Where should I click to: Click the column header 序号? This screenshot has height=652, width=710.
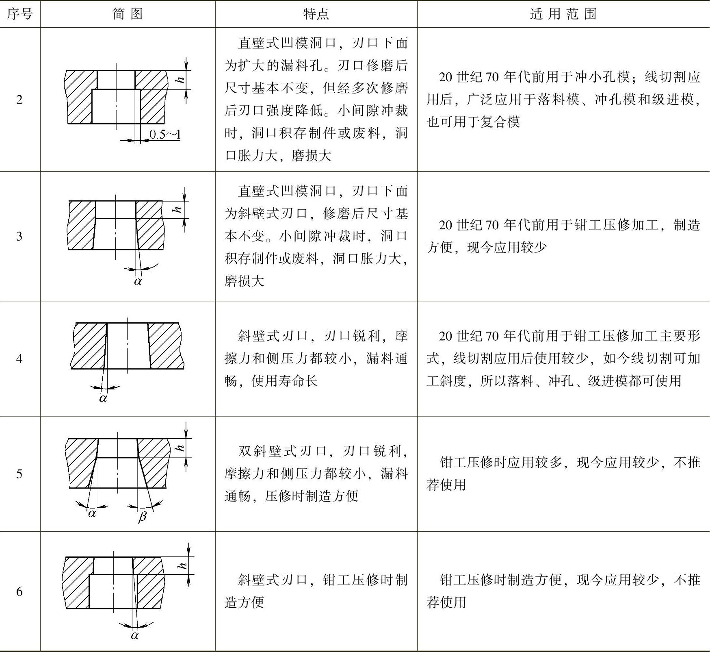[x=19, y=14]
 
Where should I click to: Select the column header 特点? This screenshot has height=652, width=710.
[x=316, y=14]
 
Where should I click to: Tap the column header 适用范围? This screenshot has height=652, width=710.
[x=563, y=14]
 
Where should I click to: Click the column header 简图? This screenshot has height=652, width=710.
[x=128, y=14]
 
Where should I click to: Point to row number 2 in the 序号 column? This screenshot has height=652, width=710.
[x=19, y=100]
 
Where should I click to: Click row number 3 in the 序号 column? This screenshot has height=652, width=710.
[x=19, y=236]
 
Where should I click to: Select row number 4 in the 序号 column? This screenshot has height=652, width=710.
[x=19, y=359]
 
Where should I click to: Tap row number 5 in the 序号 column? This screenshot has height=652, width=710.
[x=19, y=474]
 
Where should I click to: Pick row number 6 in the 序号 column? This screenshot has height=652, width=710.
[x=19, y=591]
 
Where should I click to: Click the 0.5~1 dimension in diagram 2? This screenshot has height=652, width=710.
[x=165, y=134]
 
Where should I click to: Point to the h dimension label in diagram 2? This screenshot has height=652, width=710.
[x=180, y=80]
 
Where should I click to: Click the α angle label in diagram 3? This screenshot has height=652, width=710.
[x=138, y=281]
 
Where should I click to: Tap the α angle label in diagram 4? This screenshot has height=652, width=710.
[x=103, y=398]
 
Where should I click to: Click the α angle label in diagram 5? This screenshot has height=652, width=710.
[x=92, y=513]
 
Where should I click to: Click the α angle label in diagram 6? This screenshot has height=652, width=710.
[x=135, y=635]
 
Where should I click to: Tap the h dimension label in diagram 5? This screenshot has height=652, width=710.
[x=179, y=448]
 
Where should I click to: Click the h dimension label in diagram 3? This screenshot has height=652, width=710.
[x=177, y=210]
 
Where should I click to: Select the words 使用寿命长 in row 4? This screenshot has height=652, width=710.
[x=284, y=381]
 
